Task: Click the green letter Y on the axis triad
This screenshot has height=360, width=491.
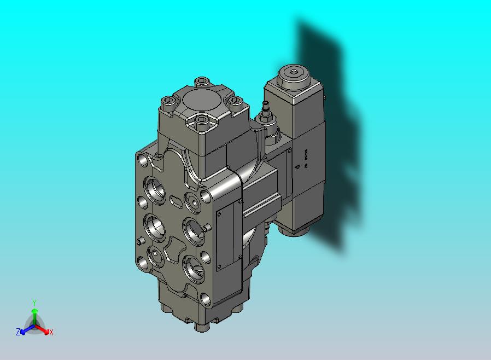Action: (34, 303)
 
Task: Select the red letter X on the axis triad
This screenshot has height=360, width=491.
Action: (51, 332)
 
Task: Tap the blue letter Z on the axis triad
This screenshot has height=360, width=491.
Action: (18, 332)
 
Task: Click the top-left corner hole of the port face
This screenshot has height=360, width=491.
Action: (144, 159)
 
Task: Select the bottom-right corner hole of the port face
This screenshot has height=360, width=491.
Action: (205, 299)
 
